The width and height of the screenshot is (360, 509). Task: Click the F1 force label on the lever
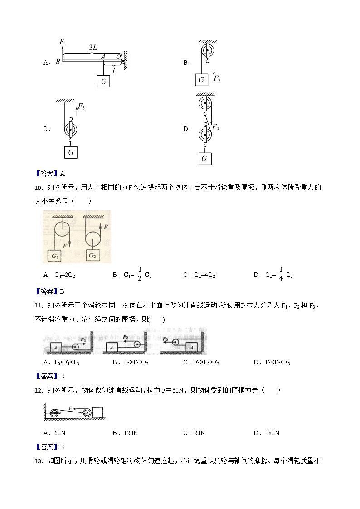[63, 43]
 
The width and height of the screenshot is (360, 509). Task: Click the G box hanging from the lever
[104, 81]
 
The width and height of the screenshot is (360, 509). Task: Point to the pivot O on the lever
[119, 57]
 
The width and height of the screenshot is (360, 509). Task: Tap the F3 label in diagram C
[82, 107]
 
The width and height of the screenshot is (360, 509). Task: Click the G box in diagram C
[71, 152]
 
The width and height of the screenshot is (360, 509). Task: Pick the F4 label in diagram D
[216, 127]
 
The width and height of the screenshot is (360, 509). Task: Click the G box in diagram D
[204, 158]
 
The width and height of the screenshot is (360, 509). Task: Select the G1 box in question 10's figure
[56, 256]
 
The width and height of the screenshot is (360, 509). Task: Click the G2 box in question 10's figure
[92, 255]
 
